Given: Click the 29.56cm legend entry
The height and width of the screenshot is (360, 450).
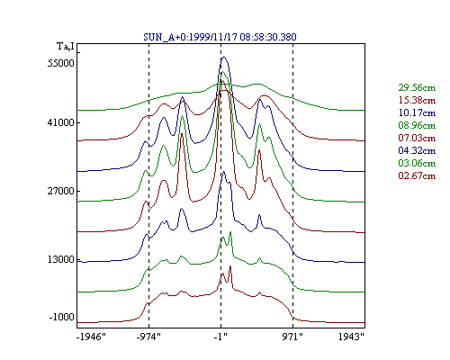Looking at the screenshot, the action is click(x=417, y=87).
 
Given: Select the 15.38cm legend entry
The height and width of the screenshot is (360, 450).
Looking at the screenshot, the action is click(x=417, y=100).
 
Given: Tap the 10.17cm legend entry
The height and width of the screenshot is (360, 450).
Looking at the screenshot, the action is click(x=417, y=112).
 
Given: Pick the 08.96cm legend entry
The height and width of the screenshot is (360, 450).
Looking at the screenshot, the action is click(x=417, y=125).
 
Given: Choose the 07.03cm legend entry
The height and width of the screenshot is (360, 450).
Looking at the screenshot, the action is click(x=417, y=138).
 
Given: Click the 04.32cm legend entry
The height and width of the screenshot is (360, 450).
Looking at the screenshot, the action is click(x=417, y=150).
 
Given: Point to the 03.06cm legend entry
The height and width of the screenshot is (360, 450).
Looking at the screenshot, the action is click(x=417, y=163).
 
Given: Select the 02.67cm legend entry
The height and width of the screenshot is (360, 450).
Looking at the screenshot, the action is click(x=417, y=175).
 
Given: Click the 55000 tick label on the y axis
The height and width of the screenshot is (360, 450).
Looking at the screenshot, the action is click(x=60, y=63).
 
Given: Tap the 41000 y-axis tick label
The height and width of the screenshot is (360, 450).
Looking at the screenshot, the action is click(x=60, y=122).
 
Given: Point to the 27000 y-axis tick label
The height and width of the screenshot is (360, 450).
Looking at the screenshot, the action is click(x=60, y=191).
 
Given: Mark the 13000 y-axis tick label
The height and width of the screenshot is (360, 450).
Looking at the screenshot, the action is click(x=60, y=259).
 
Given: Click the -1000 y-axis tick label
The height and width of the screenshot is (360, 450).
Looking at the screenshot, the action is click(x=61, y=317).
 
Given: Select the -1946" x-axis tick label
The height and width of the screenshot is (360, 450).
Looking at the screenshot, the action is click(x=91, y=337).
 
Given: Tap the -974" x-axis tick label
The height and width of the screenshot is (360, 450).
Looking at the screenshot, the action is click(x=148, y=337).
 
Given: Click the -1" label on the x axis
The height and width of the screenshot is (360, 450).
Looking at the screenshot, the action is click(x=220, y=337).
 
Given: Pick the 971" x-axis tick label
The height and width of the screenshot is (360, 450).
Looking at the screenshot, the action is click(x=292, y=337).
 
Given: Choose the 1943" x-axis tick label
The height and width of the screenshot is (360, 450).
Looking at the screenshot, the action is click(x=351, y=337).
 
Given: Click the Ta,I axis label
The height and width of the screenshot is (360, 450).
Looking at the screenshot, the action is click(x=66, y=47).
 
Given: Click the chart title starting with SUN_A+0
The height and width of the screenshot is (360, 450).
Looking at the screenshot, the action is click(x=220, y=37).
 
